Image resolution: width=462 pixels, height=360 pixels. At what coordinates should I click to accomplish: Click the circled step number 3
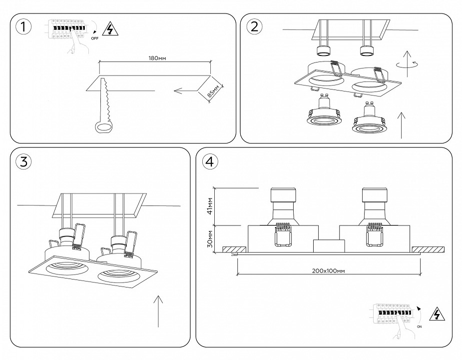point(23,161)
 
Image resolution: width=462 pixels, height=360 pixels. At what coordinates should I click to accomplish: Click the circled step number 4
point(210,161)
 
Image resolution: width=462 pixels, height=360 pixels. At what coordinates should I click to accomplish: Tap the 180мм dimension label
point(157,58)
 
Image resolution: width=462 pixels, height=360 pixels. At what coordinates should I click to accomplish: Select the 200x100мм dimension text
point(328,270)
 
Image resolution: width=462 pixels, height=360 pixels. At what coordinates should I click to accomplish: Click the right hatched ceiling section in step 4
point(429,249)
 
